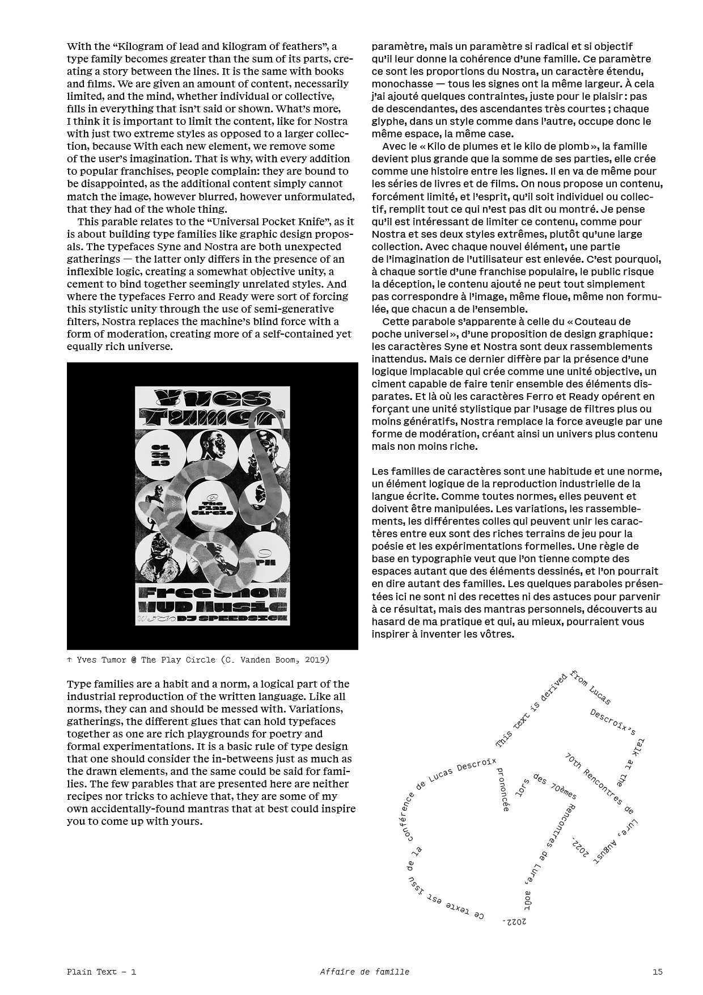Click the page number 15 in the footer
pos(657,972)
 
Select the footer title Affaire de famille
pos(364,972)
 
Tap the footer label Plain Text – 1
pos(101,972)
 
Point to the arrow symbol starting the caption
pos(69,660)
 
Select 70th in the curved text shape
pos(573,764)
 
